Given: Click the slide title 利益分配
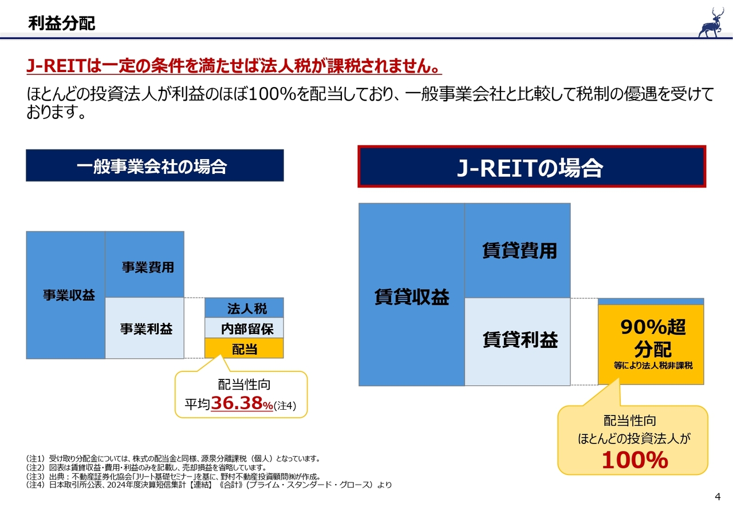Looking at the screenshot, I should click(61, 23).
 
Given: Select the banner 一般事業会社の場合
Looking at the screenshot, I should click(155, 166).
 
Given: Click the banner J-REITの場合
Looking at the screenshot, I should click(531, 167).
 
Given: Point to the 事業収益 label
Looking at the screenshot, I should click(69, 295).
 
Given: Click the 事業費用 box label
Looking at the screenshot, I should click(147, 267).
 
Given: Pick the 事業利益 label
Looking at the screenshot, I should click(146, 329).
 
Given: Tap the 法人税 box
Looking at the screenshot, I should click(246, 309).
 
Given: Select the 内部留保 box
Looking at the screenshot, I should click(246, 329).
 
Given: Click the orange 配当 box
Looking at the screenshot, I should click(244, 348).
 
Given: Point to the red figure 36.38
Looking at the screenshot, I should click(237, 404).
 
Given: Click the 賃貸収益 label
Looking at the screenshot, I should click(411, 297).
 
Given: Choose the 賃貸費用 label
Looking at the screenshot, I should click(519, 251).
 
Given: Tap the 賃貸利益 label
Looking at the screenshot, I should click(519, 340).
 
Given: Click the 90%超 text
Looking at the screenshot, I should click(652, 328).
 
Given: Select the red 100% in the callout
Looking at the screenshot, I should click(635, 460).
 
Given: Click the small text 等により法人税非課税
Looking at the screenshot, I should click(653, 365).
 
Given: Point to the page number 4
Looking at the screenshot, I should click(718, 496).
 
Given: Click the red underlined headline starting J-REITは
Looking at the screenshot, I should click(234, 66).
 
